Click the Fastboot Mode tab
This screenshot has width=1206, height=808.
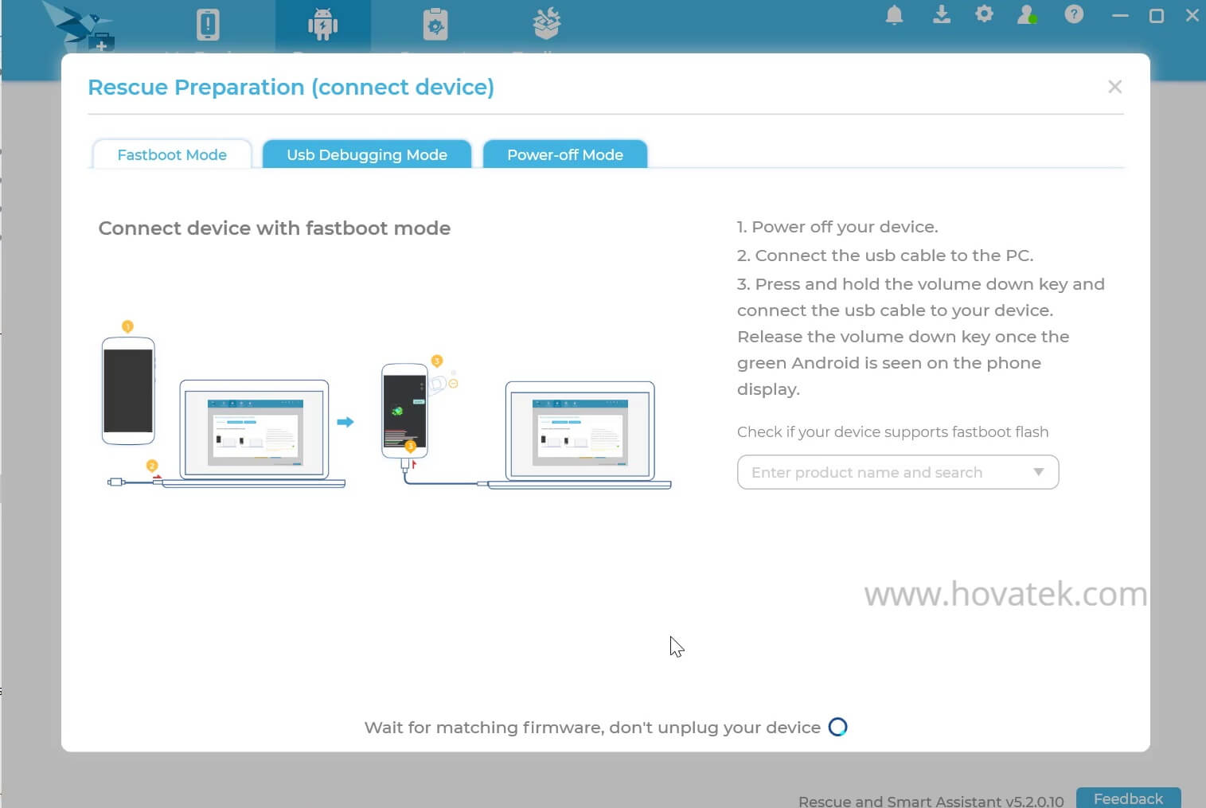click(x=172, y=154)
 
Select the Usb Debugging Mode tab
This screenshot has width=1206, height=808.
click(x=367, y=154)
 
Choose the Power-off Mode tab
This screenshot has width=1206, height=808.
click(x=565, y=154)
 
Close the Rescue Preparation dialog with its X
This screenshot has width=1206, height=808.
click(x=1114, y=87)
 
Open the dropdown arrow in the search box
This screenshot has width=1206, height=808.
click(x=1038, y=472)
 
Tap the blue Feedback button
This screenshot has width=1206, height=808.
click(x=1128, y=798)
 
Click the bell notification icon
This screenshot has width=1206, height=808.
click(x=895, y=15)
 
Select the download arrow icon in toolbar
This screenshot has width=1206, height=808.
click(x=942, y=14)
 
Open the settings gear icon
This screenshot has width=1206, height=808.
click(x=985, y=14)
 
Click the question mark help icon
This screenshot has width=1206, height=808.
click(x=1074, y=14)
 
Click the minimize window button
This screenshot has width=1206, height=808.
click(x=1120, y=16)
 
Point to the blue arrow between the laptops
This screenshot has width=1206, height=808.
click(x=345, y=422)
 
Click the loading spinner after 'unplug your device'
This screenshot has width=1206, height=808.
click(x=838, y=727)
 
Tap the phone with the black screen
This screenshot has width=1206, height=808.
click(x=128, y=390)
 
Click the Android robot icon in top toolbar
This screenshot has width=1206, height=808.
click(x=322, y=25)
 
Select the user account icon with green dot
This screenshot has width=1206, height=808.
click(x=1027, y=14)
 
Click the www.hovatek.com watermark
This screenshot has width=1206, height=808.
click(x=1005, y=595)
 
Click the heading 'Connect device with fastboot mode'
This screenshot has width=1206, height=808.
click(x=275, y=228)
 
